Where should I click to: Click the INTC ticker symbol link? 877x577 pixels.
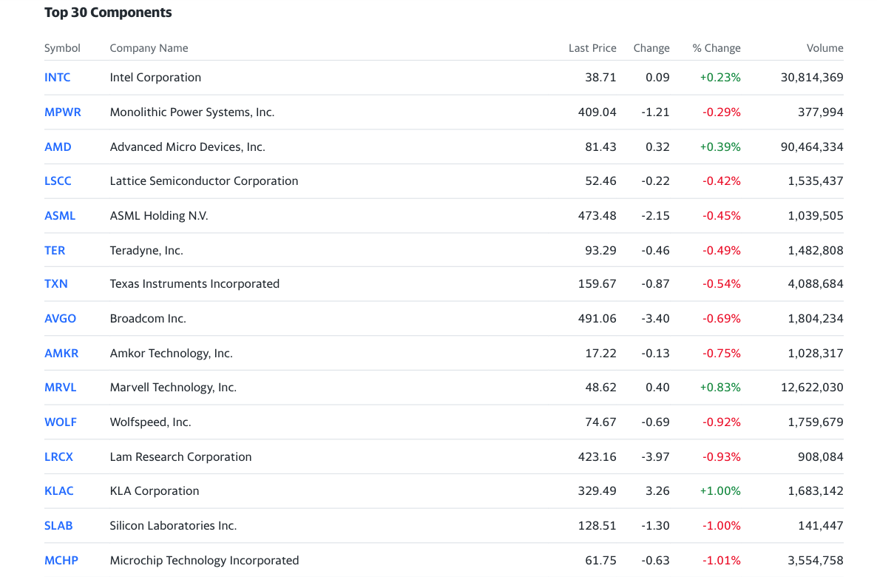[57, 77]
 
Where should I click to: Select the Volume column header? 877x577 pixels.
[824, 48]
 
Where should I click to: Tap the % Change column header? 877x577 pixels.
[716, 48]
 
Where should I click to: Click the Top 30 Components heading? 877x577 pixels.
[108, 13]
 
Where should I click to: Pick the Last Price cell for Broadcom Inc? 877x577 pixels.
[597, 318]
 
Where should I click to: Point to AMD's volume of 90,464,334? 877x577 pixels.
[812, 146]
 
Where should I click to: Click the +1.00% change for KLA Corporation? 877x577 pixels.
[719, 490]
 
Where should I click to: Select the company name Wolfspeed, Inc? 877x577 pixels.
[150, 422]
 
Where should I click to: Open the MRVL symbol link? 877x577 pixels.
[61, 388]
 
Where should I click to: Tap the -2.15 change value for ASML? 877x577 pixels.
[655, 215]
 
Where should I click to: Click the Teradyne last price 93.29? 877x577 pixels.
[600, 250]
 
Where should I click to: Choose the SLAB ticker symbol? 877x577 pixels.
[58, 525]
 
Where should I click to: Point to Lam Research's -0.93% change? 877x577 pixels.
[722, 456]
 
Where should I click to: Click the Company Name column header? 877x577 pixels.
[149, 48]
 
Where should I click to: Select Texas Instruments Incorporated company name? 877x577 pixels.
[194, 284]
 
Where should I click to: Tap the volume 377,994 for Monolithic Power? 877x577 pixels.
[821, 112]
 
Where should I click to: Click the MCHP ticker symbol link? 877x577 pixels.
[61, 560]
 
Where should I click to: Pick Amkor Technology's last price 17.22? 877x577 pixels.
[600, 353]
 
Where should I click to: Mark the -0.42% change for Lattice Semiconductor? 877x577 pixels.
[722, 180]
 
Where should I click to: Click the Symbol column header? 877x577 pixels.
[62, 48]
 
